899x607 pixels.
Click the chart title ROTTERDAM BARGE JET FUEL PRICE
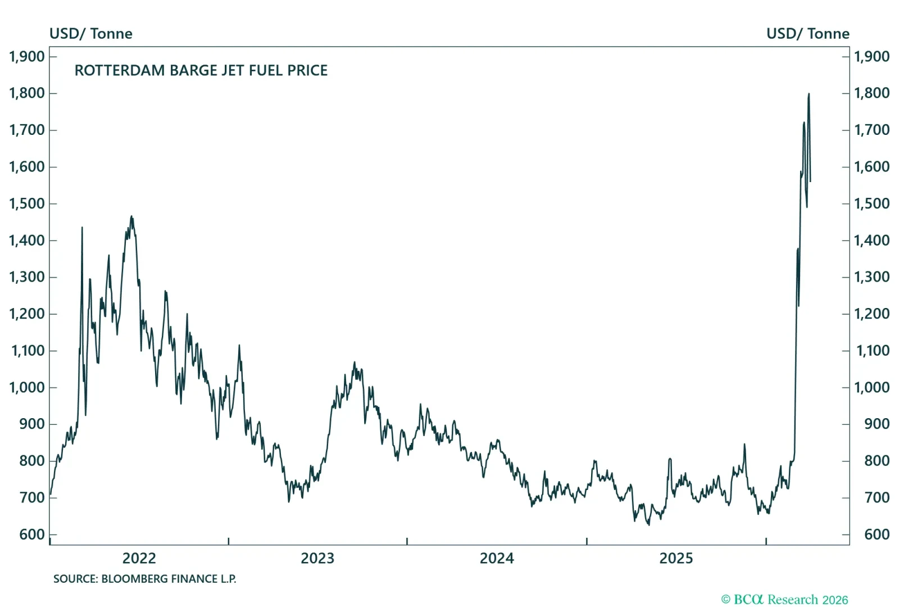click(x=201, y=70)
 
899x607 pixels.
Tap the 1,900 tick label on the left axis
click(x=26, y=56)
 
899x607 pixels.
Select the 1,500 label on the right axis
click(x=871, y=203)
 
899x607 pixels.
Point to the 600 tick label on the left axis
click(x=31, y=534)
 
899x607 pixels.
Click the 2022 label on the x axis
click(x=139, y=558)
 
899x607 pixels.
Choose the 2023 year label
click(x=317, y=558)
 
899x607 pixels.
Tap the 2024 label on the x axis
click(x=497, y=558)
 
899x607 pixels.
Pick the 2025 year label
click(x=676, y=558)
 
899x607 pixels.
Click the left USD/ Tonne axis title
click(x=91, y=34)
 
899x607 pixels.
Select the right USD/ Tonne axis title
click(x=807, y=34)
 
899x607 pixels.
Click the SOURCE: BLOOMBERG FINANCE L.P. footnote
click(x=144, y=579)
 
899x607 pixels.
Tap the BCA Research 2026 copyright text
click(x=784, y=600)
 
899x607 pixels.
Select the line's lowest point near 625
click(x=648, y=524)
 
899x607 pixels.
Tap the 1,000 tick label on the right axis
click(x=871, y=387)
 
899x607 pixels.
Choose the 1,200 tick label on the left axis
click(x=26, y=314)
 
